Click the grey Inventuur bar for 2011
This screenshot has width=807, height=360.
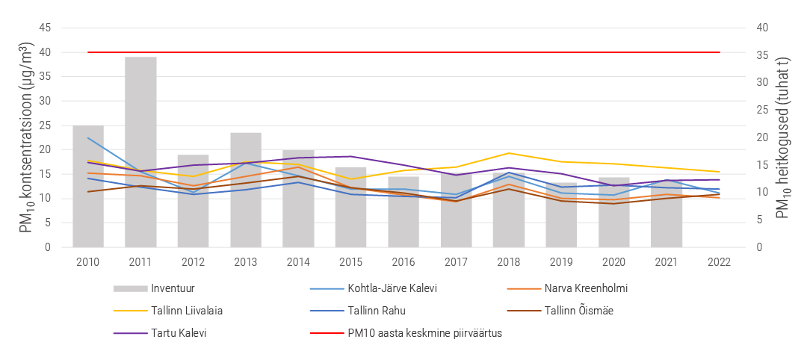pos(140,152)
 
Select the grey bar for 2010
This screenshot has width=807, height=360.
pos(88,186)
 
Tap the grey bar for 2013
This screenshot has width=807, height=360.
pos(246,190)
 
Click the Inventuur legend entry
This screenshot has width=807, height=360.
pos(154,288)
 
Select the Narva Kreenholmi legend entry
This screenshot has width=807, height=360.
pos(567,288)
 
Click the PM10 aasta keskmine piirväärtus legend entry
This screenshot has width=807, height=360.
pos(406,333)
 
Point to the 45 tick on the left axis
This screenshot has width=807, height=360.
pos(45,28)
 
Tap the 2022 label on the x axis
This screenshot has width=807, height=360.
pos(719,261)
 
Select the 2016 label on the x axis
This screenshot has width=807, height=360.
pos(403,261)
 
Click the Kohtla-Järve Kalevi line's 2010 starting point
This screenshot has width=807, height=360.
pos(88,138)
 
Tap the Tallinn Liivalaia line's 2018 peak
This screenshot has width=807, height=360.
pos(509,153)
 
